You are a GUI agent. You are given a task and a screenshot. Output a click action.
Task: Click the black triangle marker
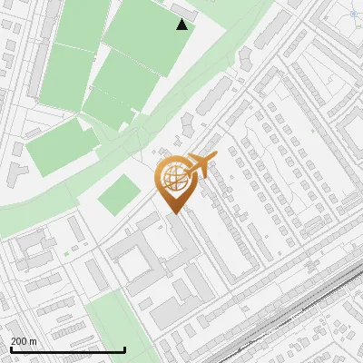coord(182,25)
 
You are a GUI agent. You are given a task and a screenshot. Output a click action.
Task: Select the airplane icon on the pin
coord(200,167)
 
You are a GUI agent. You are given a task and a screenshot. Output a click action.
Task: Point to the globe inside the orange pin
coord(173,178)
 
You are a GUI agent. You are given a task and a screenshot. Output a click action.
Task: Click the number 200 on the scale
coord(19,341)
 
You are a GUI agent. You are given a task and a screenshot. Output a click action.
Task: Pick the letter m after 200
coord(33,341)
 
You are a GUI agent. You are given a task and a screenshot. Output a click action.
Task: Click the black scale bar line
coord(67,350)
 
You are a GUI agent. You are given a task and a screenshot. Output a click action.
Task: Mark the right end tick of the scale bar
coord(124,348)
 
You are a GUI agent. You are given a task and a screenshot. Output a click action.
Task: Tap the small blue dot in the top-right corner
coord(354,14)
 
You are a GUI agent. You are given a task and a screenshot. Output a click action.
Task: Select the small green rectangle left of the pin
coord(118,194)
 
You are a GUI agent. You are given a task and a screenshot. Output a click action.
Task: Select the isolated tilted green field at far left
coord(59,148)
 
